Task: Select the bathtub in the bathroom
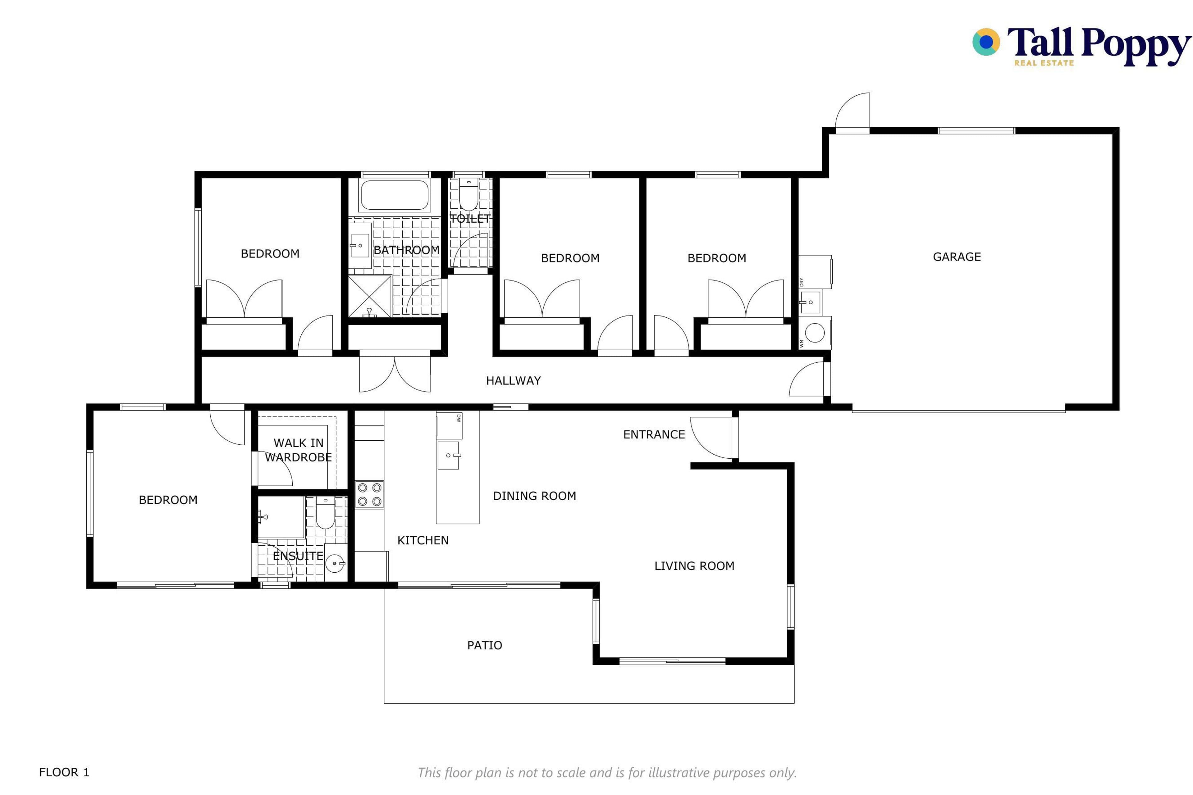tap(395, 195)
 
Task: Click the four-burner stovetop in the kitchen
tap(369, 495)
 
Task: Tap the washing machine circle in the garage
tap(815, 333)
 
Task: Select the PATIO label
tap(484, 645)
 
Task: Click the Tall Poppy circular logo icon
tap(986, 42)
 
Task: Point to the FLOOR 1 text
tap(64, 772)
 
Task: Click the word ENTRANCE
tap(654, 434)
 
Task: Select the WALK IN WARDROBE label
tap(298, 450)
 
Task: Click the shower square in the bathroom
tap(370, 297)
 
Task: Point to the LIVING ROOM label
tap(694, 566)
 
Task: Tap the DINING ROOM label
tap(535, 496)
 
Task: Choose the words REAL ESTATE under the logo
tap(1044, 63)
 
